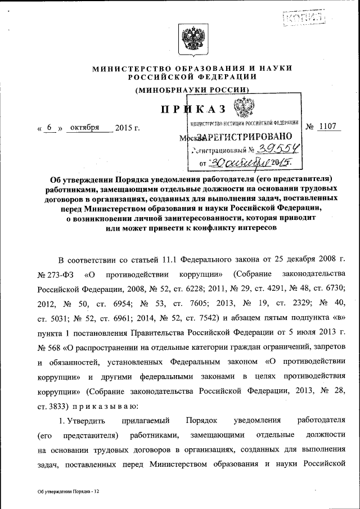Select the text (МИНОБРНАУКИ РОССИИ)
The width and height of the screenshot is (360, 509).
(x=191, y=90)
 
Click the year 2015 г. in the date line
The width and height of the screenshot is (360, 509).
(x=127, y=128)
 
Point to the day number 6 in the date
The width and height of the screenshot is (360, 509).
(x=49, y=128)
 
